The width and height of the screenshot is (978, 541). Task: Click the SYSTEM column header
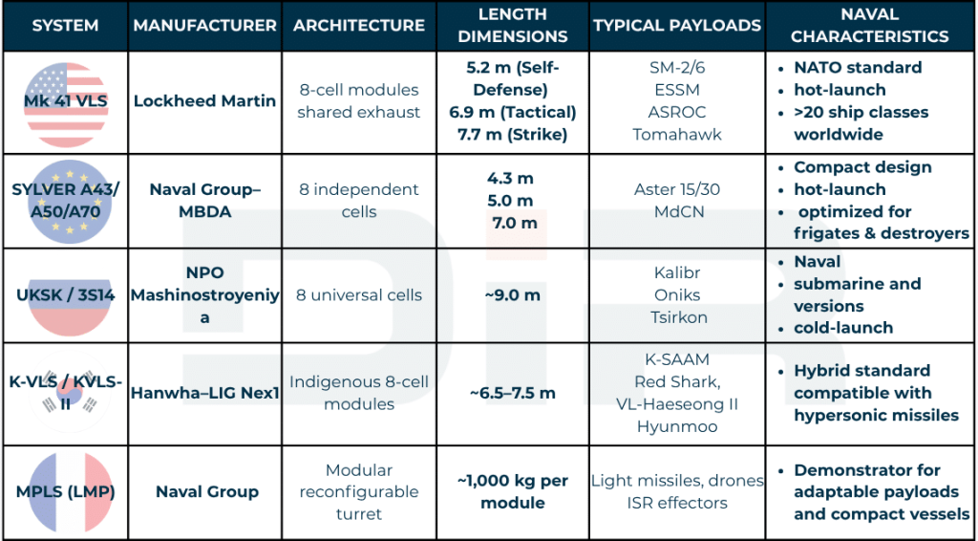tap(65, 26)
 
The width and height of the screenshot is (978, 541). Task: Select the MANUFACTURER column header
tap(205, 26)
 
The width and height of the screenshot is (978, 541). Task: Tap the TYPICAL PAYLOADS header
tap(676, 26)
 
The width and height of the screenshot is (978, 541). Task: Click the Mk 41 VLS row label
tap(65, 100)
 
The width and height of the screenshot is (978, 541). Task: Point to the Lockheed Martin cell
tap(205, 100)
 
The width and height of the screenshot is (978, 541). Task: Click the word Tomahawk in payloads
tap(676, 134)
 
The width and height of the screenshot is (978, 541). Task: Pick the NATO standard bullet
tap(858, 68)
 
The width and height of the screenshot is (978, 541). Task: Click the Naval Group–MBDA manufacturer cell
tap(205, 200)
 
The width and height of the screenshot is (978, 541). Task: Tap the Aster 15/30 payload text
tap(676, 189)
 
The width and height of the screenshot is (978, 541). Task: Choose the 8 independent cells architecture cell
tap(358, 200)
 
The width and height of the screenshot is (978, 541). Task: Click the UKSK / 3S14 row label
tap(65, 295)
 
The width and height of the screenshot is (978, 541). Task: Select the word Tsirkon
tap(676, 317)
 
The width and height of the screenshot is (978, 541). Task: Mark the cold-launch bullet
tap(842, 328)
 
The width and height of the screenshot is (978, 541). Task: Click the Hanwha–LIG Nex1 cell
tap(205, 393)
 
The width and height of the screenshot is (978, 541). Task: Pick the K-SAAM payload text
tap(676, 360)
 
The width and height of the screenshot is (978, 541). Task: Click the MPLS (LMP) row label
tap(65, 492)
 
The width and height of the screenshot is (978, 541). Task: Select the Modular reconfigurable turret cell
tap(358, 492)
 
